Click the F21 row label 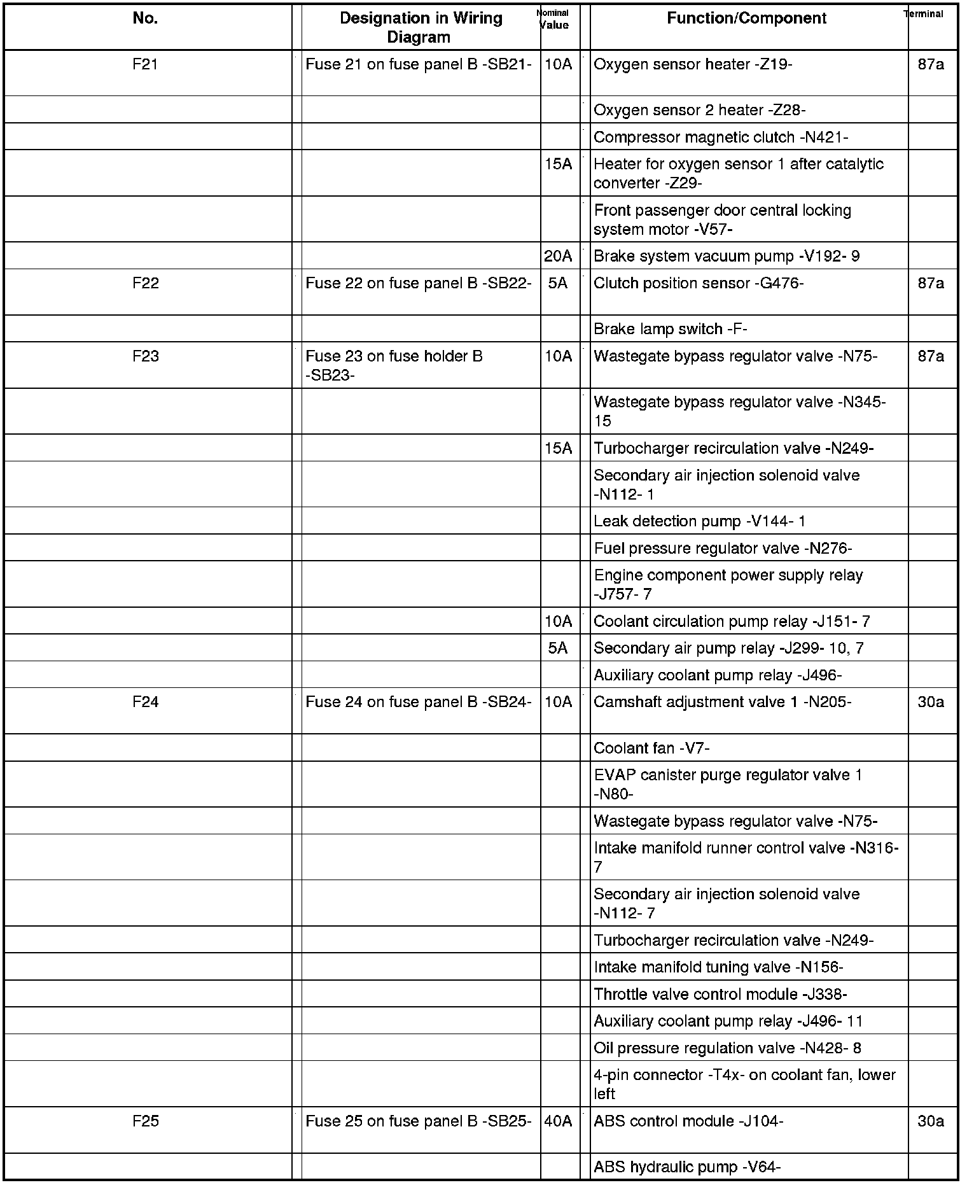click(x=145, y=65)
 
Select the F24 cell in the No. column click(x=145, y=702)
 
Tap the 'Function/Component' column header click(x=746, y=18)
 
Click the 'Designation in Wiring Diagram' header click(x=420, y=27)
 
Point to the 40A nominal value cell click(x=558, y=1121)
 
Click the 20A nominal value click(x=558, y=256)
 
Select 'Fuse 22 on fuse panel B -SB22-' click(x=418, y=283)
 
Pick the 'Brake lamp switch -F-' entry click(x=670, y=329)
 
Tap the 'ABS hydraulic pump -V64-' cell click(x=686, y=1167)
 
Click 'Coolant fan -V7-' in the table click(x=651, y=748)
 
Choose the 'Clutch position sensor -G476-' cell click(x=698, y=283)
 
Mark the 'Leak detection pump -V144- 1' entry click(x=699, y=521)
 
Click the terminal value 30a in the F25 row click(x=931, y=1121)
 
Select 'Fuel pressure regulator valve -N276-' click(x=722, y=548)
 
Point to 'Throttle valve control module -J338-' click(x=720, y=994)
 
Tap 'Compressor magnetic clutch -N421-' click(x=720, y=137)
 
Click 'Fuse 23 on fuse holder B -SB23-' click(x=394, y=365)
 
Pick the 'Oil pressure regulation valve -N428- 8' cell click(x=727, y=1048)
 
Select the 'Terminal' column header click(x=924, y=14)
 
